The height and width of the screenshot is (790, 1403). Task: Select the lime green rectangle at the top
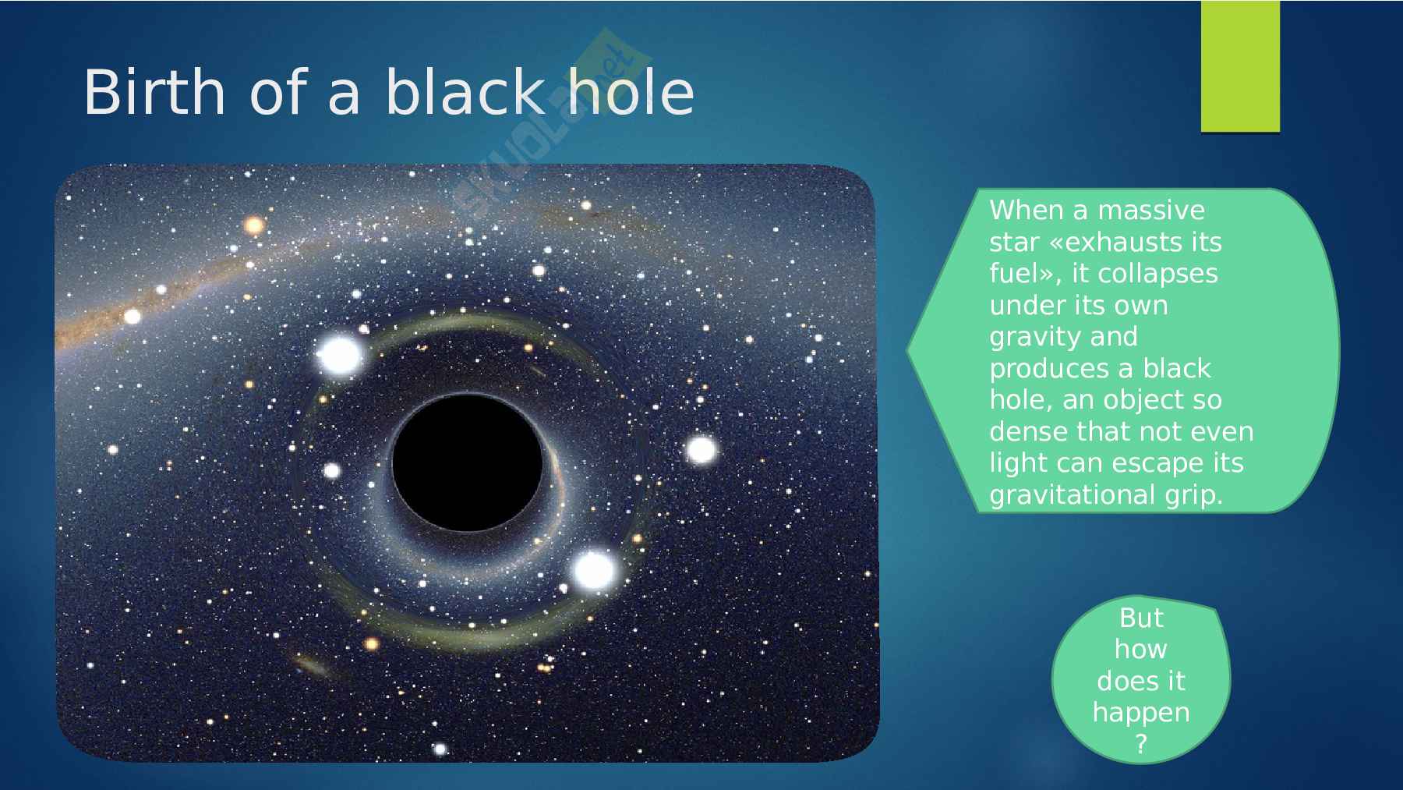tap(1240, 66)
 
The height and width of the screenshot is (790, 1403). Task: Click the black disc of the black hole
tap(468, 462)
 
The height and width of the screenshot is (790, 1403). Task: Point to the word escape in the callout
tap(1156, 464)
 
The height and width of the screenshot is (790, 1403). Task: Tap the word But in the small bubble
tap(1141, 618)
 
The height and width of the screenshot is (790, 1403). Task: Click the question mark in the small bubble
tap(1141, 745)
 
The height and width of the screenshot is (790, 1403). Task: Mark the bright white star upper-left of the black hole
tap(340, 355)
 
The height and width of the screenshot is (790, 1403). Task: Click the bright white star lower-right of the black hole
tap(594, 570)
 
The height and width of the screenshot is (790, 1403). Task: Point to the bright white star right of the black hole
tap(701, 450)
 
